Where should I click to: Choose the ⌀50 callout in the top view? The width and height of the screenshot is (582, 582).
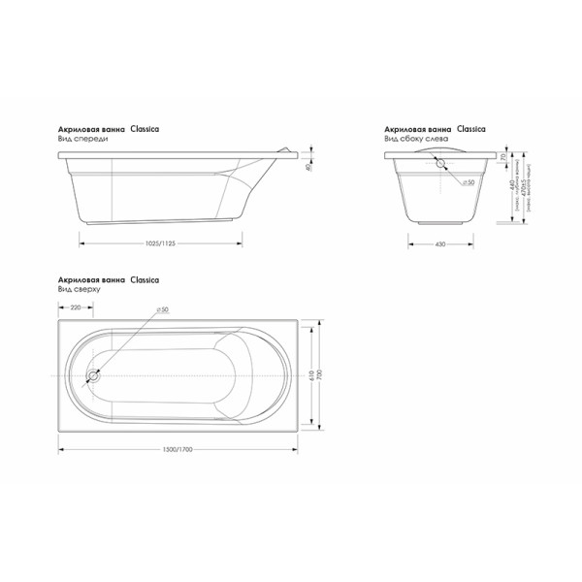[161, 308]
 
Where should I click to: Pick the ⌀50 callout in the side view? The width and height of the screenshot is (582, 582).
[466, 182]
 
